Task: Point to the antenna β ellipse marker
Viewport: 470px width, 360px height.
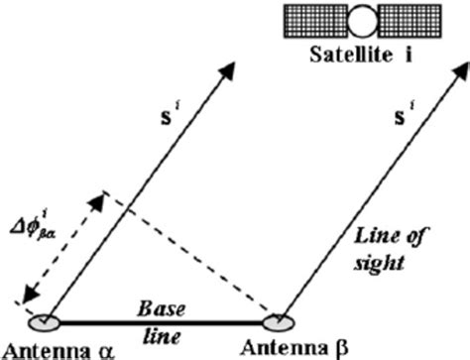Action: (x=280, y=321)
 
